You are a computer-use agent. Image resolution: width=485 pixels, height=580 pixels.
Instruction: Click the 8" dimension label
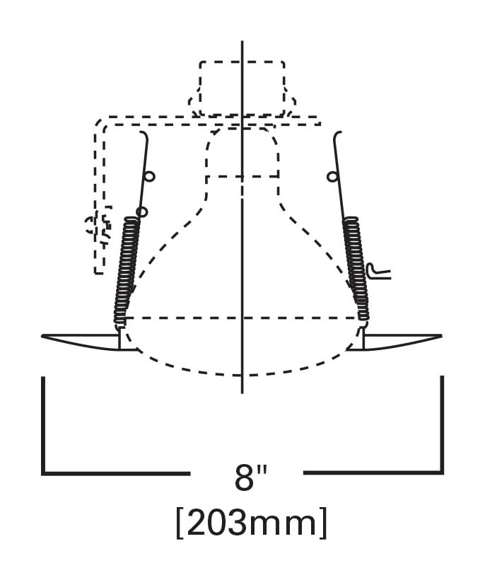(x=251, y=477)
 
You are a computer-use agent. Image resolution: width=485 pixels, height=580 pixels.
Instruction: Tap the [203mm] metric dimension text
(x=252, y=523)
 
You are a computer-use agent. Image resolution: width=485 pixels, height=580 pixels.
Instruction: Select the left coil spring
(x=127, y=270)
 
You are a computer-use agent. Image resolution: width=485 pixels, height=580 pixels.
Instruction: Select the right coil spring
(x=356, y=268)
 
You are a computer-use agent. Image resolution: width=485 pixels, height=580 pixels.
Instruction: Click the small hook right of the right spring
(x=378, y=271)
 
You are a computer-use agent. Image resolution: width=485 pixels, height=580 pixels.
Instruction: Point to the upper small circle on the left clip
(x=150, y=177)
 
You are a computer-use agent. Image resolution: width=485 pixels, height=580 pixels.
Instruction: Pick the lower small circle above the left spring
(x=142, y=212)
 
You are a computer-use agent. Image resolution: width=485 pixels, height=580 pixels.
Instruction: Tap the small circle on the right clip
(x=332, y=177)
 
